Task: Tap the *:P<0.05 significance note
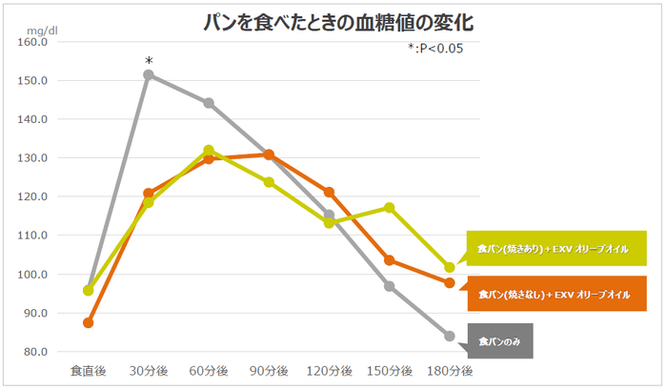[435, 49]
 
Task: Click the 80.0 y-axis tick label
[33, 352]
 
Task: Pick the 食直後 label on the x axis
[89, 369]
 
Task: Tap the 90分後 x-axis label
[269, 369]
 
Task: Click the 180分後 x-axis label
[449, 369]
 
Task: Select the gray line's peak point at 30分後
[149, 74]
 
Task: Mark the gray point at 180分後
[449, 336]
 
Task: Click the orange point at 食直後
[89, 322]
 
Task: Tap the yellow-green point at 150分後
[389, 207]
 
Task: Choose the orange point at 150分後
[389, 260]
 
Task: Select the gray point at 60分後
[209, 103]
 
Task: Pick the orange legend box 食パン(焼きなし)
[554, 295]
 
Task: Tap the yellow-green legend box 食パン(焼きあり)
[554, 249]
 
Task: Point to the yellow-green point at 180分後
[449, 267]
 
